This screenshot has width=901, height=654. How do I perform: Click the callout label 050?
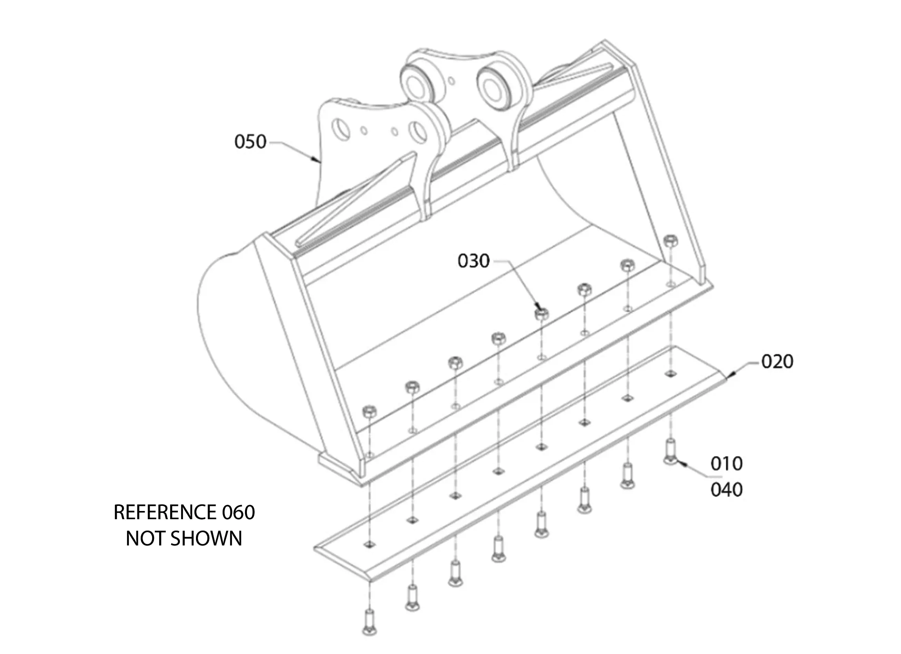tap(250, 142)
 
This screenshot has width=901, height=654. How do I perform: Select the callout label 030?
tap(473, 261)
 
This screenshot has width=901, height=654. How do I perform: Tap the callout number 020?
tap(777, 362)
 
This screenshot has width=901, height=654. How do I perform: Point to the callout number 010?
tap(726, 464)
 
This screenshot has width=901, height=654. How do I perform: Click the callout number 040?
tap(726, 490)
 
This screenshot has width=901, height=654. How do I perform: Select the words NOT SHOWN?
tap(184, 539)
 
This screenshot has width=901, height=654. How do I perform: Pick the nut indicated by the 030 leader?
tap(542, 314)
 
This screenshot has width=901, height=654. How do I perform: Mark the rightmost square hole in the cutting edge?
tap(671, 373)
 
